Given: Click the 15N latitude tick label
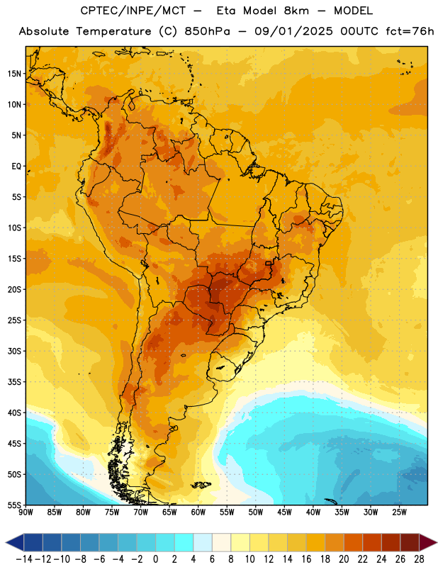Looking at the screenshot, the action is click(14, 74).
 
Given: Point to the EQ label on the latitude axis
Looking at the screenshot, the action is click(16, 167).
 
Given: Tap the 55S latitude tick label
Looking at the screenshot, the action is click(14, 505).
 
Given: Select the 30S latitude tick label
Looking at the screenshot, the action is click(14, 351).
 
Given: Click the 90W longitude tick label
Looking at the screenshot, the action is click(26, 512).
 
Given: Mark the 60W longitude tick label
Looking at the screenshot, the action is click(198, 512).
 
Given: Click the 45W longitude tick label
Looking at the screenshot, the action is click(284, 512).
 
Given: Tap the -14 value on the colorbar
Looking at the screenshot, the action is click(24, 559).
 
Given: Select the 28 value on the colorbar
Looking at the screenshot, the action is click(419, 559).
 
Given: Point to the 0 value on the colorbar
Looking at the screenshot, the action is click(155, 559).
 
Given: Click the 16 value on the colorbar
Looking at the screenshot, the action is click(306, 559).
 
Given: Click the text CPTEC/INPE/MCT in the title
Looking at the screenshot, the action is click(133, 11).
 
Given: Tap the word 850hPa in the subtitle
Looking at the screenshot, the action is click(207, 31).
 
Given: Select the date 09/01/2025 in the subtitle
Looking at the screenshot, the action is click(293, 31).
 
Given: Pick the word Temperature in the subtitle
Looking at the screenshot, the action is click(113, 31).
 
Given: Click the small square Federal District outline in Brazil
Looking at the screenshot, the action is click(269, 263).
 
